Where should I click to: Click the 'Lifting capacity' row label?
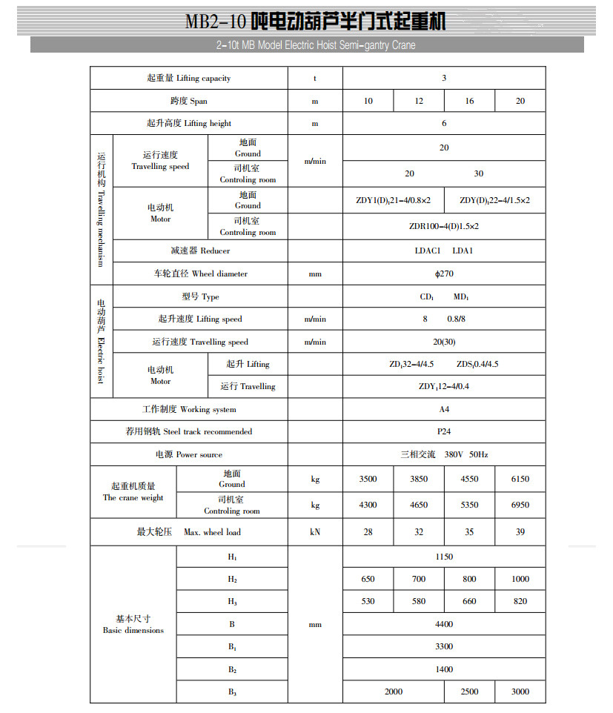click(189, 79)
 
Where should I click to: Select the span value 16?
click(469, 101)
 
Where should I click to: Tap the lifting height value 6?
click(444, 123)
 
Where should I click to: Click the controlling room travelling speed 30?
click(478, 173)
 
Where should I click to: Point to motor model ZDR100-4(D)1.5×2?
click(444, 226)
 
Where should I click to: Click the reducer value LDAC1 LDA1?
click(444, 251)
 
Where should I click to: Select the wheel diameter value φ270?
click(444, 273)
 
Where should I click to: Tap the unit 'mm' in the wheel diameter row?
click(315, 273)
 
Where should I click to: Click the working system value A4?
click(444, 409)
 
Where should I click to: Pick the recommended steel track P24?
click(444, 431)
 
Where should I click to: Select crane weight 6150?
click(520, 479)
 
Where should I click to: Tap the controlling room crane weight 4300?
click(368, 505)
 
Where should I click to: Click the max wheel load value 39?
click(520, 531)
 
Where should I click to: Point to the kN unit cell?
click(315, 531)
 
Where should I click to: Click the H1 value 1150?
click(444, 557)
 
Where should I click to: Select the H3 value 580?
click(419, 601)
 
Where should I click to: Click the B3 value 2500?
click(469, 692)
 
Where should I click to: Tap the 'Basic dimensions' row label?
click(133, 624)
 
